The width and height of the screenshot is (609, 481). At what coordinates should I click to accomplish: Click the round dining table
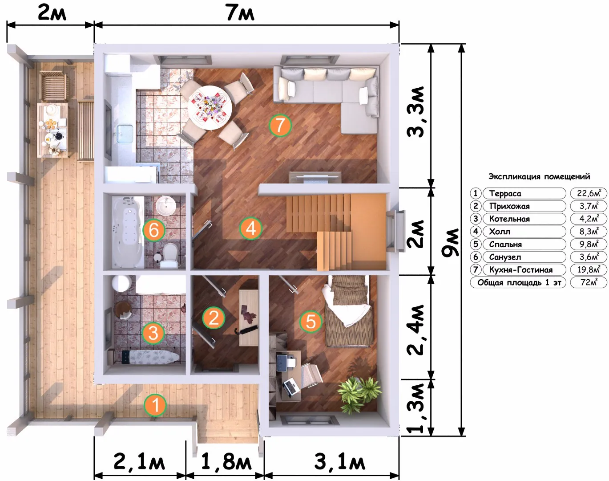[210, 107]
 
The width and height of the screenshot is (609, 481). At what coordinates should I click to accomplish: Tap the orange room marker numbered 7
[280, 125]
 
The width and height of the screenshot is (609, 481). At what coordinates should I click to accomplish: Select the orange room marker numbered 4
[251, 228]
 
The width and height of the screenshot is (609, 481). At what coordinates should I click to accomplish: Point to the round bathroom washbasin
[165, 205]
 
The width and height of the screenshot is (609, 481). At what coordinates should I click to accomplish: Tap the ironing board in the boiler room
[150, 357]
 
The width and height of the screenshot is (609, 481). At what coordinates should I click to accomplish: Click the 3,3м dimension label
[416, 111]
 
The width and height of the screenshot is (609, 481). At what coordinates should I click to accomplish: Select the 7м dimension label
[241, 12]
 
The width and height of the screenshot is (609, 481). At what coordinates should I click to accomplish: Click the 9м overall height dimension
[452, 243]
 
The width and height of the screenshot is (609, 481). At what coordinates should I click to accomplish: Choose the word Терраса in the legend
[505, 193]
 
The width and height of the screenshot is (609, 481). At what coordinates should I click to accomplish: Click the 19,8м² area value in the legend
[589, 269]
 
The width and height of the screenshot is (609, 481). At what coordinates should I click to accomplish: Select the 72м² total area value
[589, 282]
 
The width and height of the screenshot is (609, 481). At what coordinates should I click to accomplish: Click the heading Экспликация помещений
[539, 176]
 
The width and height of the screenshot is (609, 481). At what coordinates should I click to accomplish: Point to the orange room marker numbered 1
[155, 405]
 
